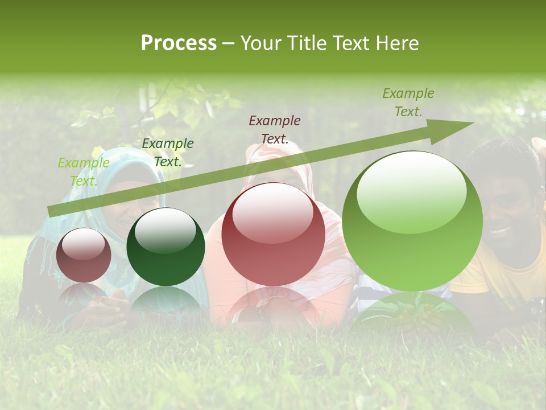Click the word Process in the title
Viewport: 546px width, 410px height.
pyautogui.click(x=179, y=43)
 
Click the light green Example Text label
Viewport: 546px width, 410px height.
pyautogui.click(x=84, y=172)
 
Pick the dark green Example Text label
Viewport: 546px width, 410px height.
pyautogui.click(x=167, y=153)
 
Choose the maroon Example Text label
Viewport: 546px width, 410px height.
pyautogui.click(x=275, y=129)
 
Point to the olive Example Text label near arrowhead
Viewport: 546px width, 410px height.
pyautogui.click(x=408, y=102)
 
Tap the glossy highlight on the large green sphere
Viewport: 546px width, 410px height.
pyautogui.click(x=411, y=191)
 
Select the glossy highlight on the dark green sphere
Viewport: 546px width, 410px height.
pyautogui.click(x=165, y=231)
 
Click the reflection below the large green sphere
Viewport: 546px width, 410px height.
pyautogui.click(x=412, y=313)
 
